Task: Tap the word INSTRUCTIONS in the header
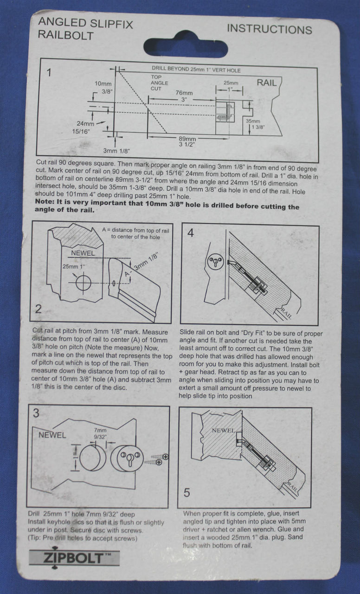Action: click(x=269, y=29)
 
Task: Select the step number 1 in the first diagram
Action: click(x=49, y=72)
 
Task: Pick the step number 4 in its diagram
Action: click(x=191, y=233)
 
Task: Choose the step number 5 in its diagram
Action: click(x=186, y=492)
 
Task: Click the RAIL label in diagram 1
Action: click(x=267, y=83)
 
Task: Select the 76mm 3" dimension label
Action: click(x=184, y=96)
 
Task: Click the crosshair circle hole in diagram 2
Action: click(x=84, y=282)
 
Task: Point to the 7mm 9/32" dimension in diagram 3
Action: click(x=99, y=433)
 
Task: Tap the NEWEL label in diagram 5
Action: click(x=224, y=430)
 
